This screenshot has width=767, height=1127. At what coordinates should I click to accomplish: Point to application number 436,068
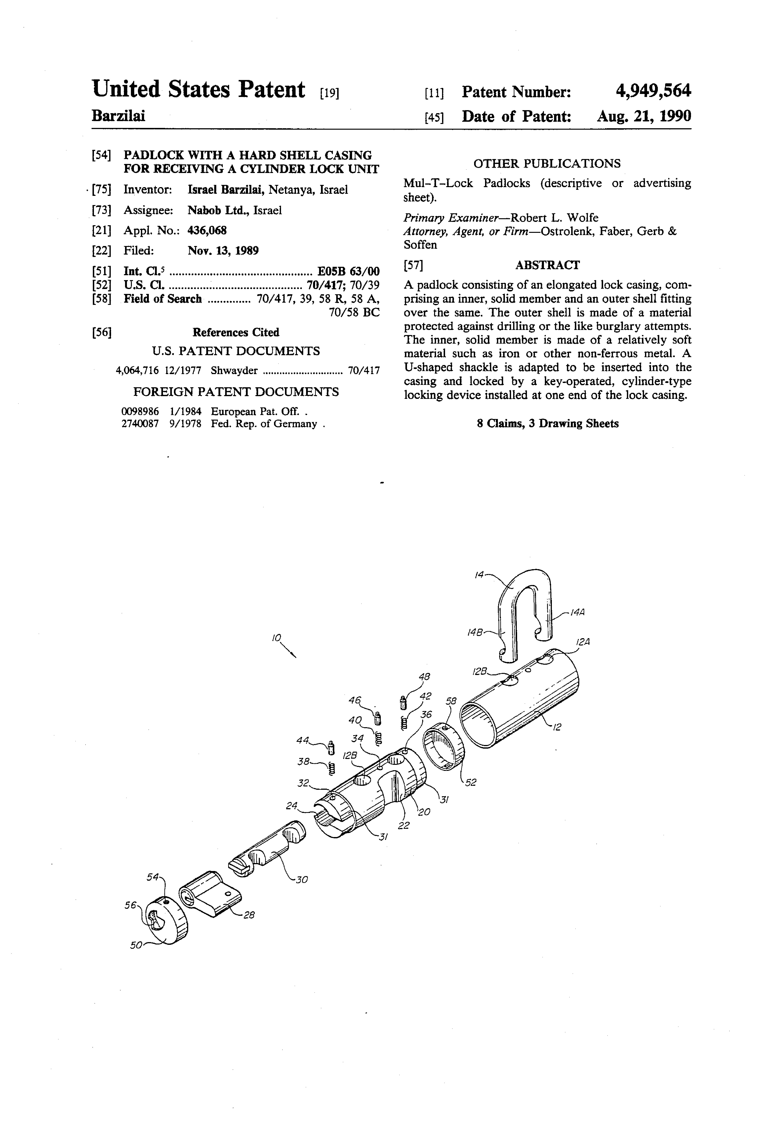(207, 230)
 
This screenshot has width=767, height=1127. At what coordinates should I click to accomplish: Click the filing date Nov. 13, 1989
(223, 251)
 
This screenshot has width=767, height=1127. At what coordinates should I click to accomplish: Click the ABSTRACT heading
(547, 265)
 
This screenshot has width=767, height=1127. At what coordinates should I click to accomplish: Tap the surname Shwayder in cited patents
(234, 370)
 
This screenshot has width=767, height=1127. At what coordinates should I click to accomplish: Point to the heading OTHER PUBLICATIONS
(546, 163)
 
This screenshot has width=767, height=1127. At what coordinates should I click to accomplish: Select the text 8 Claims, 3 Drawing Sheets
(547, 423)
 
